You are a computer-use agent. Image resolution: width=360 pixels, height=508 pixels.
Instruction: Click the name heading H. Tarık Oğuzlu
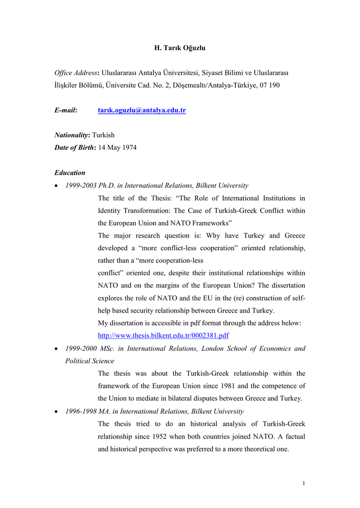180,48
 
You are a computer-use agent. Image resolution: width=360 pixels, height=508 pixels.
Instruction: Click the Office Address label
76,73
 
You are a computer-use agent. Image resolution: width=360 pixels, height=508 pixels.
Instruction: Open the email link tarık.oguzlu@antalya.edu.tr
142,110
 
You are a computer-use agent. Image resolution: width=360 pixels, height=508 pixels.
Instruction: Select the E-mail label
66,110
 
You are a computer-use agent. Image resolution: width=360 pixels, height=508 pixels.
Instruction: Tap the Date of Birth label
74,147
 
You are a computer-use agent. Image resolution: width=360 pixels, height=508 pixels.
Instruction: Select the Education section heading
70,173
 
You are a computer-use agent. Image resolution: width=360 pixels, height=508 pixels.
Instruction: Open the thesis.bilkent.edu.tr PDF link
163,336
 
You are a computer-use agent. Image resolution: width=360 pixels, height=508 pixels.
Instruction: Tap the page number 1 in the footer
303,484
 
